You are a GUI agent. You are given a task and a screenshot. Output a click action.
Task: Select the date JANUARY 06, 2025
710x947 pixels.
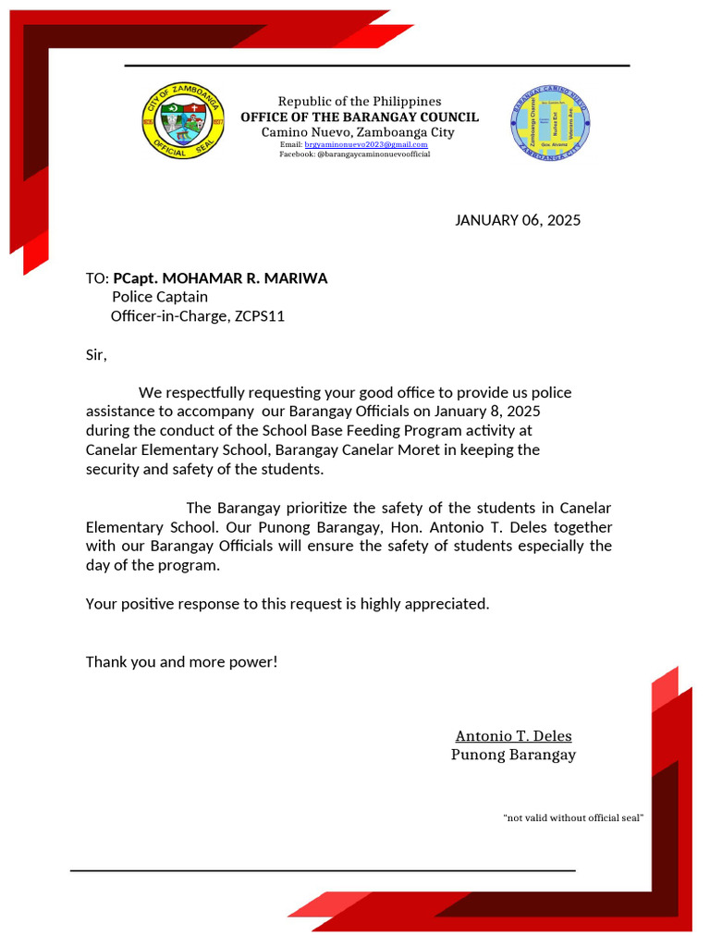(518, 220)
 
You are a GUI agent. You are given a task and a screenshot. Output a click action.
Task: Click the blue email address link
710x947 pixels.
(366, 144)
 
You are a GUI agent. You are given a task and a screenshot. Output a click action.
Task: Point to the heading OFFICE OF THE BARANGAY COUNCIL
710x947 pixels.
(360, 117)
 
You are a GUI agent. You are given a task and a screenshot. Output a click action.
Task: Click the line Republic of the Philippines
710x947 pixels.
(360, 101)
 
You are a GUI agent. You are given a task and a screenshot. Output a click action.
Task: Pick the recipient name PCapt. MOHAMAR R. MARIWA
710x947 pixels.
(220, 278)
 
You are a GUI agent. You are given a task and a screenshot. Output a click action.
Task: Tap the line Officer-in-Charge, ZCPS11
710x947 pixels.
(198, 316)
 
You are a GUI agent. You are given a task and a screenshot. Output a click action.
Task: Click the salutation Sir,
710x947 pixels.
(96, 354)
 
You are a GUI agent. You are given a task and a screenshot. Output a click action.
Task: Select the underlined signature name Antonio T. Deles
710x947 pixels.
(513, 736)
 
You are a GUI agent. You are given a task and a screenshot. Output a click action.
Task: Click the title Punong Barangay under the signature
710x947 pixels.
(513, 755)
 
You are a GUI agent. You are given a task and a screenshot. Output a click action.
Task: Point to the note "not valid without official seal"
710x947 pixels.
(573, 818)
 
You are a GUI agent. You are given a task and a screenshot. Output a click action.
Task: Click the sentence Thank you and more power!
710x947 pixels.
(181, 662)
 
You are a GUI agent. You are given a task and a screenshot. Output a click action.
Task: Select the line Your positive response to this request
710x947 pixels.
(287, 604)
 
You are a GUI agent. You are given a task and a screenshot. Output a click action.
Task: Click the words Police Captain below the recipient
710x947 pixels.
(160, 297)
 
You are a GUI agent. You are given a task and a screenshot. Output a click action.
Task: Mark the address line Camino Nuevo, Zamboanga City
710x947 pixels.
(358, 132)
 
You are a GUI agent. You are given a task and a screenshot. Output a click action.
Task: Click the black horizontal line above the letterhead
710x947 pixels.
(377, 66)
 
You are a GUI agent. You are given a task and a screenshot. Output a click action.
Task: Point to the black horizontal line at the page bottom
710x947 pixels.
(323, 870)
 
